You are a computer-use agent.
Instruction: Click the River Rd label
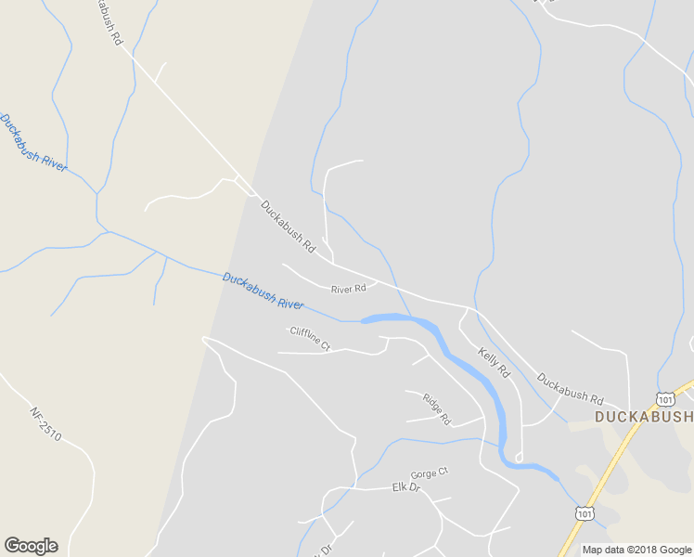[348, 290]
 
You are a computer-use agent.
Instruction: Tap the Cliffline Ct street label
[310, 338]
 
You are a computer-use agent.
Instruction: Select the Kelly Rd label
[494, 362]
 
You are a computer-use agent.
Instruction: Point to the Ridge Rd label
[436, 409]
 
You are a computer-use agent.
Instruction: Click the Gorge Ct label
[429, 473]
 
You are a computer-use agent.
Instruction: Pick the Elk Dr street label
[406, 487]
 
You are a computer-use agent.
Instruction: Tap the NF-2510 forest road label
[45, 424]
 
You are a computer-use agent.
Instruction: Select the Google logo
[31, 546]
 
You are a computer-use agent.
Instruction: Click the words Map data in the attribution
[604, 550]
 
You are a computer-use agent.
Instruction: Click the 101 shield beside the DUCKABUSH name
[664, 398]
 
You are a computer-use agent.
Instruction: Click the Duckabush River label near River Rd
[263, 291]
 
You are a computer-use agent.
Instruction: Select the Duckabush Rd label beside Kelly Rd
[570, 387]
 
